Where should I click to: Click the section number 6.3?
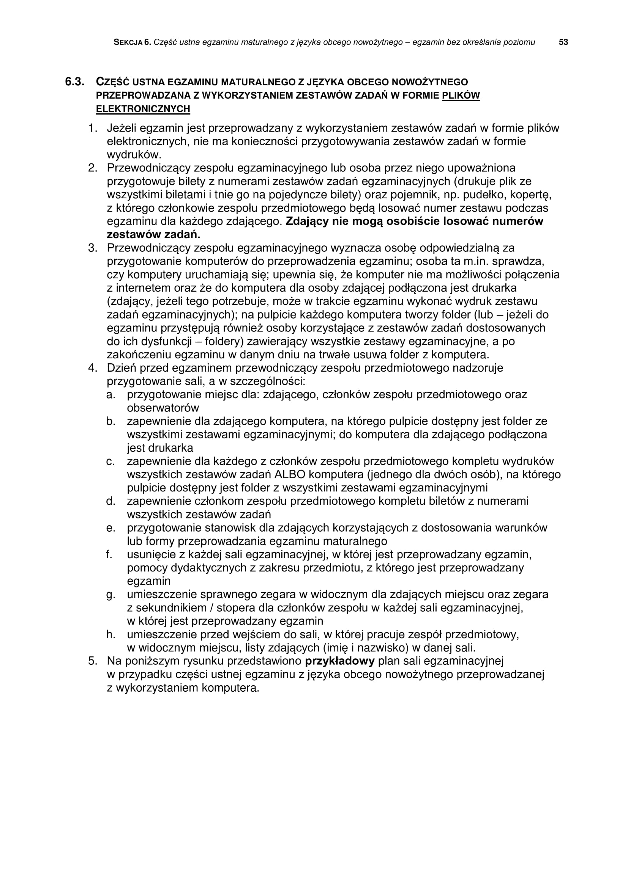[x=74, y=82]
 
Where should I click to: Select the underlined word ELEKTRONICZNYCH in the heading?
[x=143, y=109]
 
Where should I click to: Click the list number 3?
[x=92, y=248]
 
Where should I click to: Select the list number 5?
[x=92, y=661]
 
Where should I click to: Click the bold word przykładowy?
[x=340, y=661]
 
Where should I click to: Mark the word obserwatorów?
[x=163, y=408]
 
